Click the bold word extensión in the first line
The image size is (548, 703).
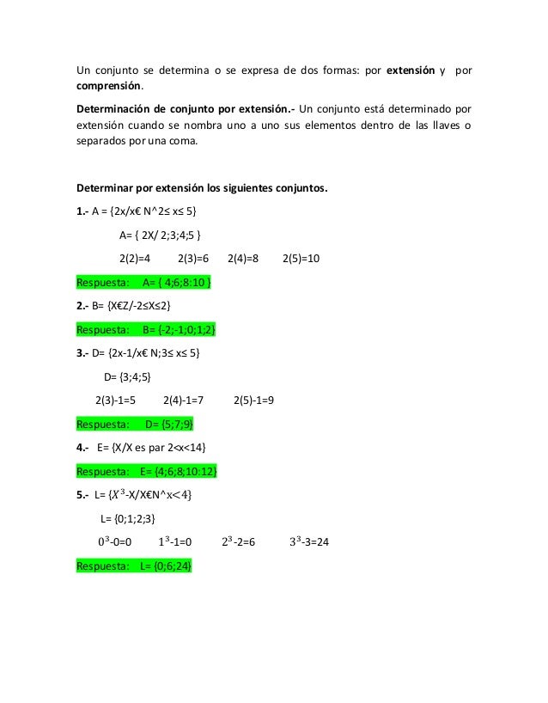point(411,70)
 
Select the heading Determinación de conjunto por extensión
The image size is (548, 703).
point(186,111)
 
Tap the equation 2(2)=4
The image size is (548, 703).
point(135,259)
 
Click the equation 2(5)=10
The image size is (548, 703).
point(301,259)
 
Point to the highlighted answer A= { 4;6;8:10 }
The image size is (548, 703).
point(177,282)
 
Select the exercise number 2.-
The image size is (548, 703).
point(82,305)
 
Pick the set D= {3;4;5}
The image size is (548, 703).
point(127,376)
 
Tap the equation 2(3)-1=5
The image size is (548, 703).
point(122,400)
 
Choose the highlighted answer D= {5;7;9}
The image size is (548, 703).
point(169,424)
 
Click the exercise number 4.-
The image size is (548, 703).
point(83,448)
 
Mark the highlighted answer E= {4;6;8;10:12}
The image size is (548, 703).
point(177,471)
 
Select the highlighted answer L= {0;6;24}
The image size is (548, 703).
point(166,566)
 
